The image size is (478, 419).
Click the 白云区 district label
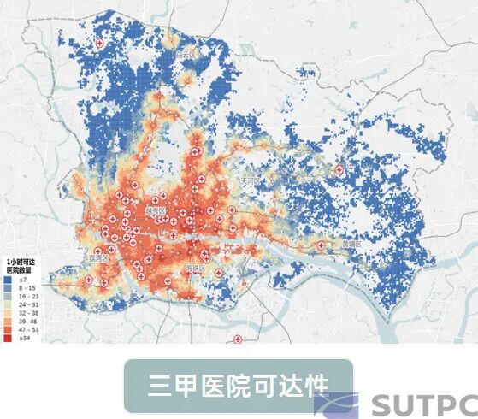186,54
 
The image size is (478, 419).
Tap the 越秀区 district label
155,209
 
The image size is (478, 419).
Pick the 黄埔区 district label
351,244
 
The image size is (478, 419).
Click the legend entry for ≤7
21,279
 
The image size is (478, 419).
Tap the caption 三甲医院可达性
238,386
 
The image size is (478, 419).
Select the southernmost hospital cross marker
239,339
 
